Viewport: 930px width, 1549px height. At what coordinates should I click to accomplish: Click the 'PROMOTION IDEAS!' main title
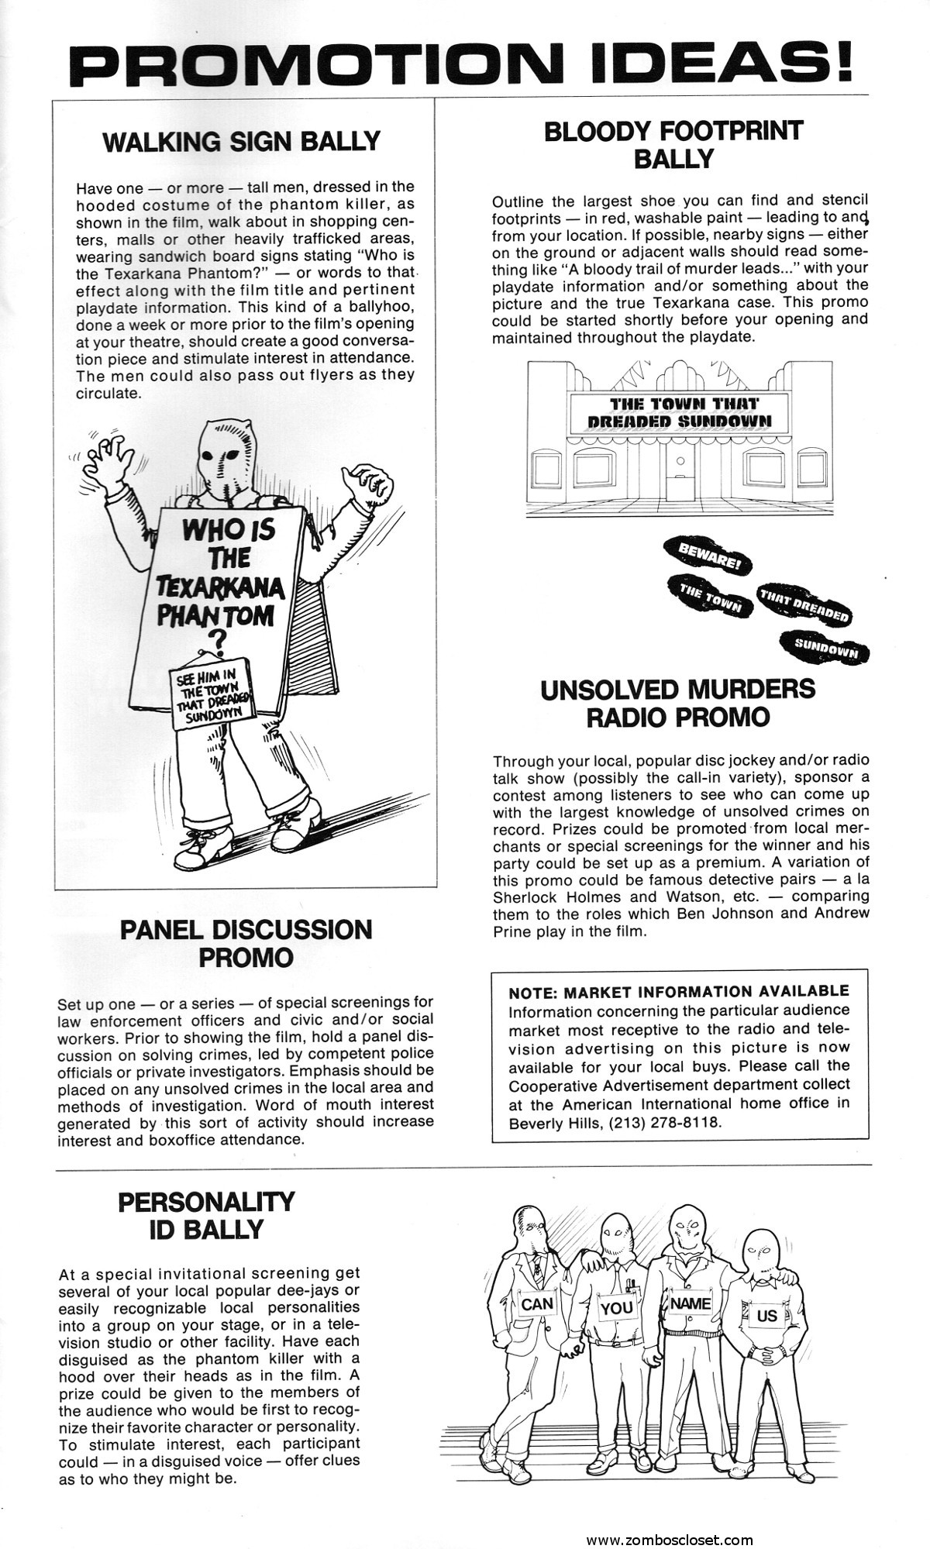(x=463, y=58)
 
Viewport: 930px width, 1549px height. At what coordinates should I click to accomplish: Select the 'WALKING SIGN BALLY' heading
(x=242, y=142)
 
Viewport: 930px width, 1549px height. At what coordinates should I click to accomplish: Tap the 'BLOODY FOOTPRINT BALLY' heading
(x=673, y=144)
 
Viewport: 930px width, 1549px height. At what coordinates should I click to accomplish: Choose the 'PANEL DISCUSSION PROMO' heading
(x=246, y=943)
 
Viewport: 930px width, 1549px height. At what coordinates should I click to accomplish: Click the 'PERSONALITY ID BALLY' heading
(x=206, y=1215)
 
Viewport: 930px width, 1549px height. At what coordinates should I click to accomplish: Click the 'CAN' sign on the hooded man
(x=536, y=1304)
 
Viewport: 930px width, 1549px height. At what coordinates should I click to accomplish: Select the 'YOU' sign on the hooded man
(x=617, y=1308)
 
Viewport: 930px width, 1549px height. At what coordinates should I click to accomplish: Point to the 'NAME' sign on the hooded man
(x=690, y=1303)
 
